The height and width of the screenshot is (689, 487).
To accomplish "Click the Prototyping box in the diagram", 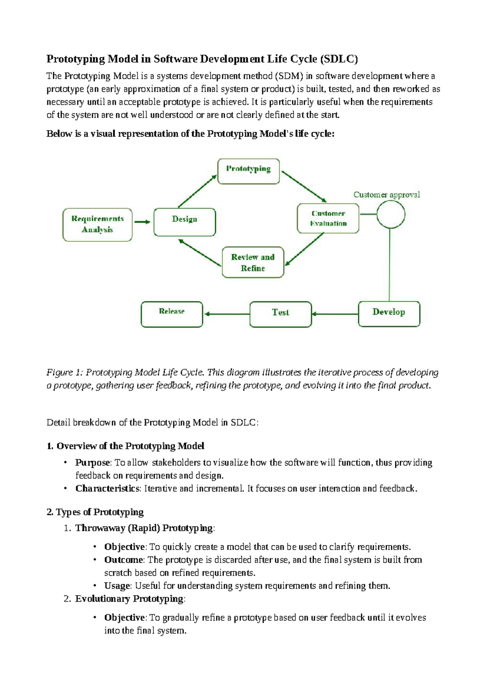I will [x=248, y=171].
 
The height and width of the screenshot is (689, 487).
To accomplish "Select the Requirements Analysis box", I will [x=97, y=225].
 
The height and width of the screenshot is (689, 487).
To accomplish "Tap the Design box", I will [x=185, y=222].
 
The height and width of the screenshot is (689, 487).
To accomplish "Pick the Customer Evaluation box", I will [x=328, y=219].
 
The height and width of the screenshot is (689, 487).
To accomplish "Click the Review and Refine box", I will [x=253, y=262].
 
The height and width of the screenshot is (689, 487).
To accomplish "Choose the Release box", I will [x=172, y=314].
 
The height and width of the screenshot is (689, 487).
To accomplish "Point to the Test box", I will [x=280, y=314].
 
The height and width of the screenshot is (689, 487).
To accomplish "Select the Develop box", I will [x=389, y=314].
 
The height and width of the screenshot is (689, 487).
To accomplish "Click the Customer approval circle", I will [x=390, y=214].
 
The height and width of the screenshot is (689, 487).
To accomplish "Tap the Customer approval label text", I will [x=386, y=195].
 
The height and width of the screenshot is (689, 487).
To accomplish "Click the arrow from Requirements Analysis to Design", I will [x=142, y=222].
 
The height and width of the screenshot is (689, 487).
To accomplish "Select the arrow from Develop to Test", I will [x=335, y=314].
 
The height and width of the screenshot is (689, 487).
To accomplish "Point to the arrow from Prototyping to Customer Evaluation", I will [x=304, y=186].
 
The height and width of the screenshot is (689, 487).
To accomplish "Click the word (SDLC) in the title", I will [x=339, y=59].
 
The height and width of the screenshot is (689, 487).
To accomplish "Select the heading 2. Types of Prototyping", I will [x=95, y=512].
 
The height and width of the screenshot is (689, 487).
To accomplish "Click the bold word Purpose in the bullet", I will [x=93, y=463].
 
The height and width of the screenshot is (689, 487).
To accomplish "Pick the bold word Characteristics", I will [x=107, y=488].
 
